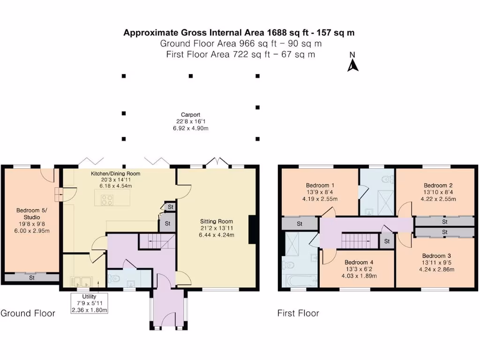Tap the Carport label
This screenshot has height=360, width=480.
[x=191, y=114]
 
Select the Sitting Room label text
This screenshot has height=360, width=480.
[x=217, y=221]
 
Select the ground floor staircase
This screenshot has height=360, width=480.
[x=156, y=241]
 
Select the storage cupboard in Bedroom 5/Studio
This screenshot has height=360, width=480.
[x=32, y=278]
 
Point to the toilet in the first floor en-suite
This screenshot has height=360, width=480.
[x=387, y=179]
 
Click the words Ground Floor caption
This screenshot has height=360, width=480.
[x=28, y=313]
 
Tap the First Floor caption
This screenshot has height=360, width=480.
[x=298, y=313]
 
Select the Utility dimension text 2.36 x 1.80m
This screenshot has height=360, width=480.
[x=89, y=310]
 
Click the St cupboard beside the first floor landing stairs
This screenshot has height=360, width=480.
[x=387, y=241]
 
